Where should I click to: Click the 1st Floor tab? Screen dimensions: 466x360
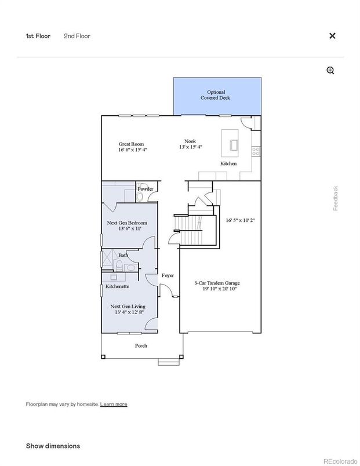point(38,36)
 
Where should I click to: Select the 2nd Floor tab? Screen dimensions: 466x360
point(77,36)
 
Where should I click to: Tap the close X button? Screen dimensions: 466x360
point(332,36)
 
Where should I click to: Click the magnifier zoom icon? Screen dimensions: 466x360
point(330,70)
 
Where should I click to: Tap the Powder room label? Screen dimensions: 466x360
point(145,188)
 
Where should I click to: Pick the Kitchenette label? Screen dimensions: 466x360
point(117,286)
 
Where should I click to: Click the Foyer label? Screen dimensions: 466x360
point(168,275)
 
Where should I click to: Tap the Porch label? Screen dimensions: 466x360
point(141,345)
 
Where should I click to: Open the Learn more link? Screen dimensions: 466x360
point(114,404)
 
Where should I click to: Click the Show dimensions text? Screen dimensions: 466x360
point(53,446)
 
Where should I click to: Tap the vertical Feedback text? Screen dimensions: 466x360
point(335,198)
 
